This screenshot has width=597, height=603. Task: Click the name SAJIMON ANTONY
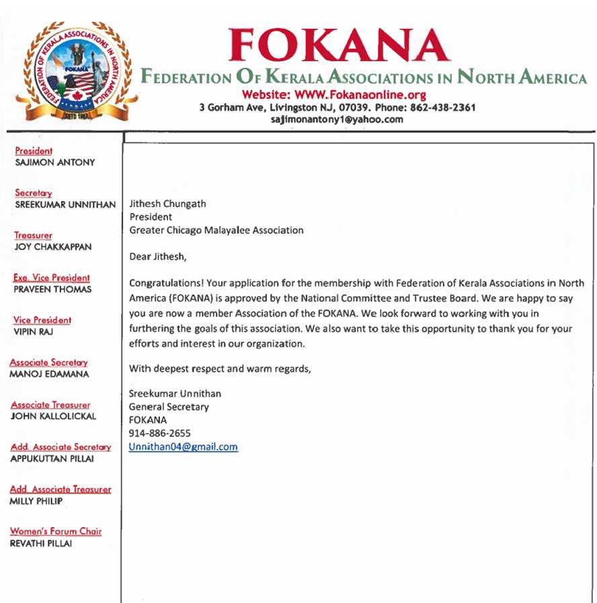click(x=54, y=162)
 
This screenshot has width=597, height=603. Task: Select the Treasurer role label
click(x=34, y=236)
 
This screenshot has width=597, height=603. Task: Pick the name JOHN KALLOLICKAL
click(x=53, y=415)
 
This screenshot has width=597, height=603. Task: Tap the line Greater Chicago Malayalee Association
click(x=216, y=230)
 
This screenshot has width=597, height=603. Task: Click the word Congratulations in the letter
click(x=162, y=282)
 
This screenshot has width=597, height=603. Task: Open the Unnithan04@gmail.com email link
click(x=184, y=447)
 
